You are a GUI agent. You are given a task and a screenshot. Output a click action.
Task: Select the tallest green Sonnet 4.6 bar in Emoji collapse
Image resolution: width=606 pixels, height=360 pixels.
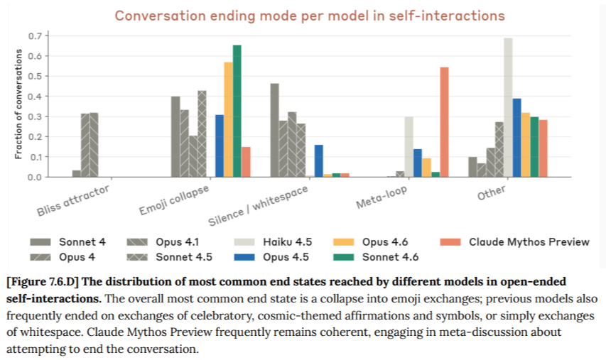click(x=237, y=111)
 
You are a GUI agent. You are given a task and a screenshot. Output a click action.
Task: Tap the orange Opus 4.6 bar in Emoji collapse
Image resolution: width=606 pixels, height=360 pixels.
click(x=228, y=119)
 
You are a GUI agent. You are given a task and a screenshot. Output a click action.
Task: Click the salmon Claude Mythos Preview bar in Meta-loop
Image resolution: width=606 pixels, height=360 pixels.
click(x=444, y=121)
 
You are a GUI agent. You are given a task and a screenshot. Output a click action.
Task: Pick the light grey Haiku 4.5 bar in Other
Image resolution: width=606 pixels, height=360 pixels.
click(x=508, y=107)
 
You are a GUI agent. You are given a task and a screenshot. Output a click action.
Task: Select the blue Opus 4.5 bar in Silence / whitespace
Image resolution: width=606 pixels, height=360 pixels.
click(x=319, y=160)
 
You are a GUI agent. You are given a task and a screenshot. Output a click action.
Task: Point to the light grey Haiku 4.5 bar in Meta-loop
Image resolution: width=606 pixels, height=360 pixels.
click(x=408, y=146)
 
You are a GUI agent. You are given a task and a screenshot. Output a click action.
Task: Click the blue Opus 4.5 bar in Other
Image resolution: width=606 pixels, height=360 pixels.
click(x=517, y=138)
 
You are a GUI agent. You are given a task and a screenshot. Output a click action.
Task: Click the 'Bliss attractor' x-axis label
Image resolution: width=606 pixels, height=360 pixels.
click(x=74, y=200)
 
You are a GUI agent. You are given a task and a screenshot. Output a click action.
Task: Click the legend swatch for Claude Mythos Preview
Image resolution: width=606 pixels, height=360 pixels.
click(x=450, y=241)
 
